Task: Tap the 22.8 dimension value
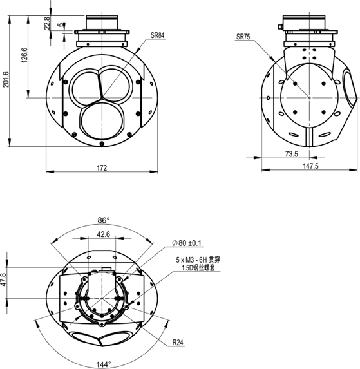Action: [47, 23]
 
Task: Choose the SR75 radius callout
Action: [243, 37]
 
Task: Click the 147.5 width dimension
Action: [310, 167]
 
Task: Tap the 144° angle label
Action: [103, 364]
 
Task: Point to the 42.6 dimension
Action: [103, 235]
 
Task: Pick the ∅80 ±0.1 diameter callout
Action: [187, 243]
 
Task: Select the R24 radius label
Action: [178, 343]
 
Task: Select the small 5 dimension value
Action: [60, 26]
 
